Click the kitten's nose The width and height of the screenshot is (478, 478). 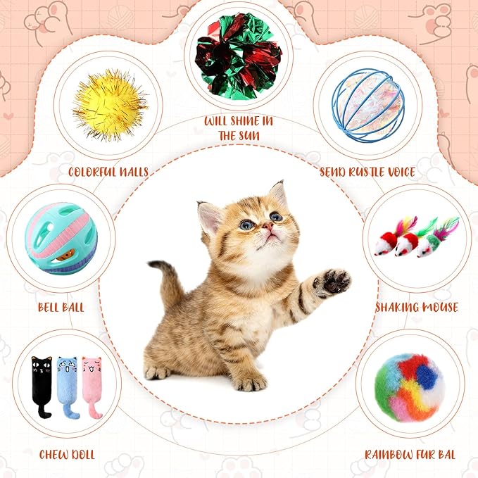pyautogui.click(x=268, y=227)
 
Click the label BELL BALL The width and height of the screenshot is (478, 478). pyautogui.click(x=61, y=308)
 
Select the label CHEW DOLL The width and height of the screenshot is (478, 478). pyautogui.click(x=66, y=454)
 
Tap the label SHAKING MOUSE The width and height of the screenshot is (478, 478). pyautogui.click(x=417, y=308)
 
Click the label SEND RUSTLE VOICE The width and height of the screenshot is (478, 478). pyautogui.click(x=367, y=171)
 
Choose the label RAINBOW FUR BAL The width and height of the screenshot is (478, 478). pyautogui.click(x=410, y=454)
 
